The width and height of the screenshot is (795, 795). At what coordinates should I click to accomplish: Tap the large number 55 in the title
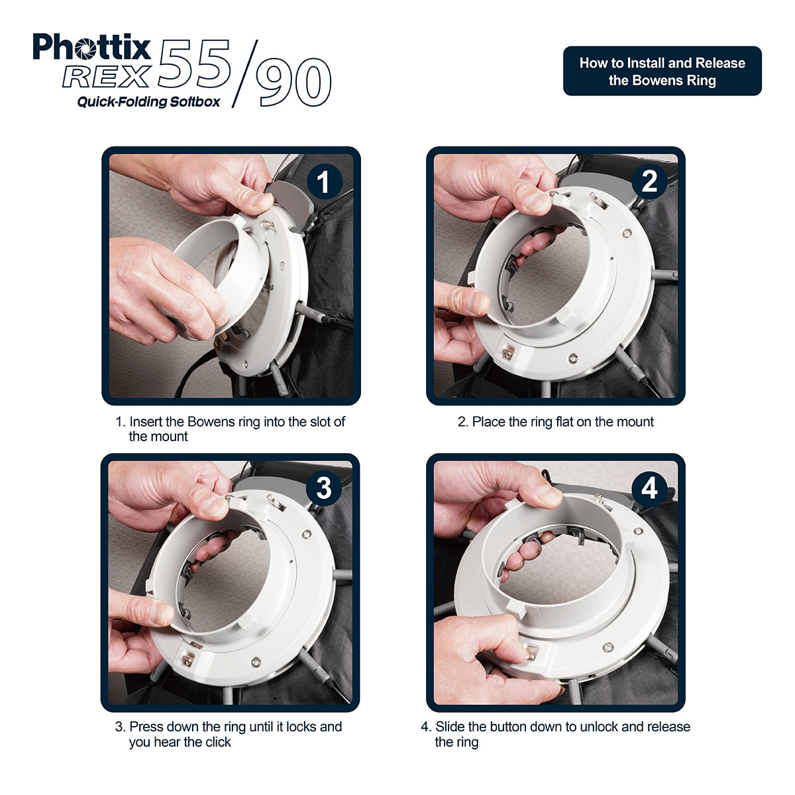point(193,64)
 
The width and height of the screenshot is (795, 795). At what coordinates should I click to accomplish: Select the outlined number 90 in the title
point(293,83)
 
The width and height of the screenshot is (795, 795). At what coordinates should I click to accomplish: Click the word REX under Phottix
point(106,77)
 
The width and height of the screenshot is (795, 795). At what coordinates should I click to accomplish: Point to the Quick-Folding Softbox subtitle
point(148,102)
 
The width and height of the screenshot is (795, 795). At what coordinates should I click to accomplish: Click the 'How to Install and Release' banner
point(662,71)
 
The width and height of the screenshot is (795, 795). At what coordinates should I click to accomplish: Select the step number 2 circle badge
point(649,181)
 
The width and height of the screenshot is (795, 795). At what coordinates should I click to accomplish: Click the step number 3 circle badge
point(323,488)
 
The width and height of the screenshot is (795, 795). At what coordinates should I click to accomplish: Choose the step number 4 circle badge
point(649,488)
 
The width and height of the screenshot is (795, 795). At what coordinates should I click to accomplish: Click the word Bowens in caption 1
point(214,422)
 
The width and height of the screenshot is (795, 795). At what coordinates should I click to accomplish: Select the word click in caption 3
point(218,742)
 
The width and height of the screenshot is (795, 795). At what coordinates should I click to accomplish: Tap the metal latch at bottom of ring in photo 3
point(188,658)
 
